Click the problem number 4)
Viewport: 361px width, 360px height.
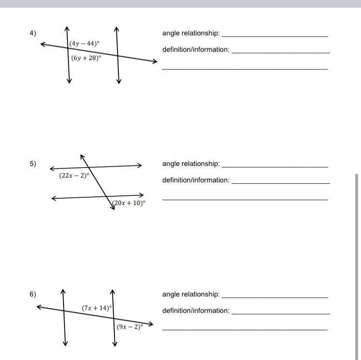pos(33,33)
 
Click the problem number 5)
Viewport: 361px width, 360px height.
pos(33,164)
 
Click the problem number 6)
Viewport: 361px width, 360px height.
pos(33,294)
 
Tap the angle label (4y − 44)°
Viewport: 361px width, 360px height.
pos(85,43)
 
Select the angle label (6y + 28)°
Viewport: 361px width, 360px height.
pos(86,58)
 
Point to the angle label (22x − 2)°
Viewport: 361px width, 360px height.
pos(74,176)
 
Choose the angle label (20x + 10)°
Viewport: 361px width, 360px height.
pos(129,203)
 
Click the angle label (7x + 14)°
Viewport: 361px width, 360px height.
pos(97,308)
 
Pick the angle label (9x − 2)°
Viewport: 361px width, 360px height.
pos(130,327)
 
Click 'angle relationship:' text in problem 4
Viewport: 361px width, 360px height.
pos(191,33)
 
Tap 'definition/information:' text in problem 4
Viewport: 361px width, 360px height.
pos(196,50)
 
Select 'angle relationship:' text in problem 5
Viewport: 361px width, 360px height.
pos(191,164)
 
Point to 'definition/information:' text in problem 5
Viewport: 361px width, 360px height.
pos(196,180)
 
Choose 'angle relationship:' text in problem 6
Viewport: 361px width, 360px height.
pos(191,294)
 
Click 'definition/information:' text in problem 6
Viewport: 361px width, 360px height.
pos(196,310)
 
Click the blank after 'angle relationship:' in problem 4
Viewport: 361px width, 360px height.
pos(274,35)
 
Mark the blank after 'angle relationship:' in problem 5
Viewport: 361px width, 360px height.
pos(274,165)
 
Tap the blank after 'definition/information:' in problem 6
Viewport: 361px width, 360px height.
pos(281,312)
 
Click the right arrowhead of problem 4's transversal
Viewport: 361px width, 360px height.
pos(155,61)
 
